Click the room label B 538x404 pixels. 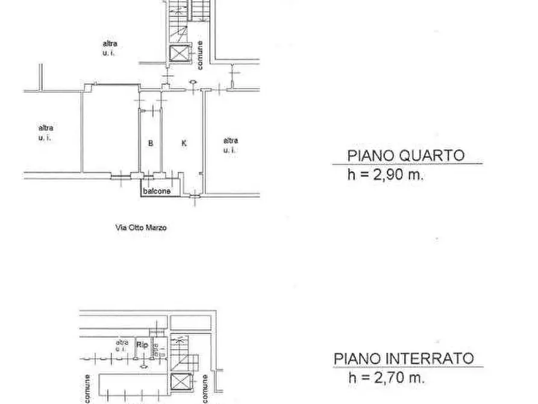point(151,143)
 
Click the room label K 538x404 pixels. point(184,143)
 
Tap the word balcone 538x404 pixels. point(157,192)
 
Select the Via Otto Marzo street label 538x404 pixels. point(140,228)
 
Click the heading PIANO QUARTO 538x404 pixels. point(406,156)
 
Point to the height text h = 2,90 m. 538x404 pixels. point(386,175)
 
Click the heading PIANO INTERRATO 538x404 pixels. point(404,358)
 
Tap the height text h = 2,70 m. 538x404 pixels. point(386,378)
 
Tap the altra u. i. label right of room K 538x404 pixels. point(230,145)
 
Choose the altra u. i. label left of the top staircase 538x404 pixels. point(109,48)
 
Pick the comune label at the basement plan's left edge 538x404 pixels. point(87,388)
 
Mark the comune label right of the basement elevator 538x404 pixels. point(205,388)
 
